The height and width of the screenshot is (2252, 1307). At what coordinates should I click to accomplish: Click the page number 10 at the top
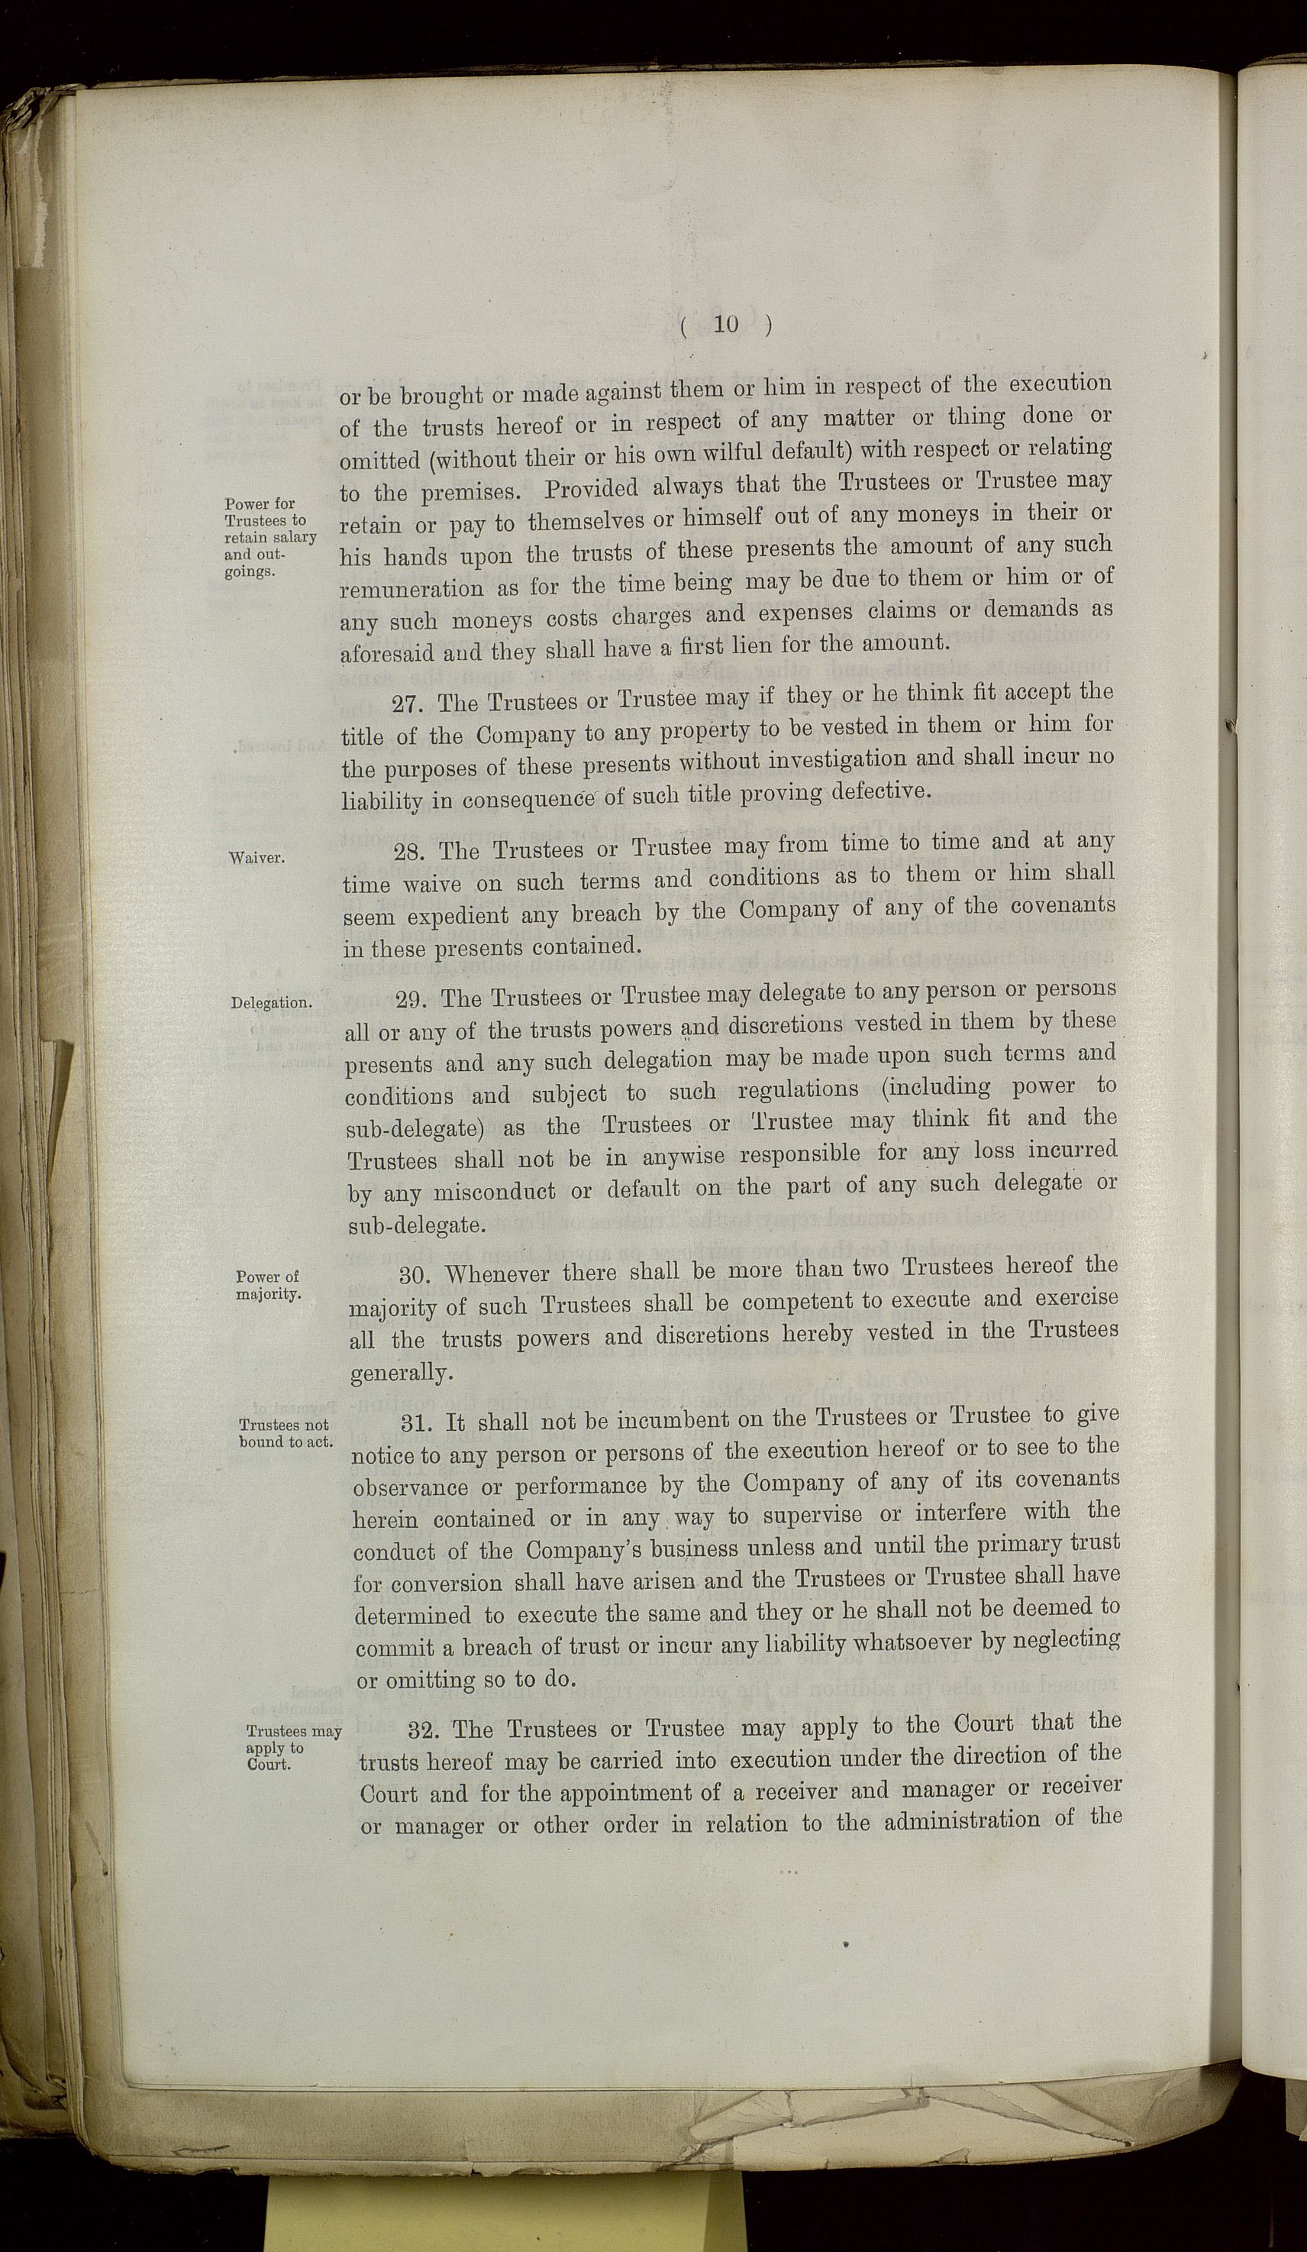726,325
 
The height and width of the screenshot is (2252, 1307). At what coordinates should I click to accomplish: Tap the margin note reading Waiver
257,858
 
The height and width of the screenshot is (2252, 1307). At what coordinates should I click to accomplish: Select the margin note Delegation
272,1003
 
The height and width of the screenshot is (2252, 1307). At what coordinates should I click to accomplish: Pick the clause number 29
414,998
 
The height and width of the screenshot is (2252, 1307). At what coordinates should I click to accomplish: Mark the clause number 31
421,1422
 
